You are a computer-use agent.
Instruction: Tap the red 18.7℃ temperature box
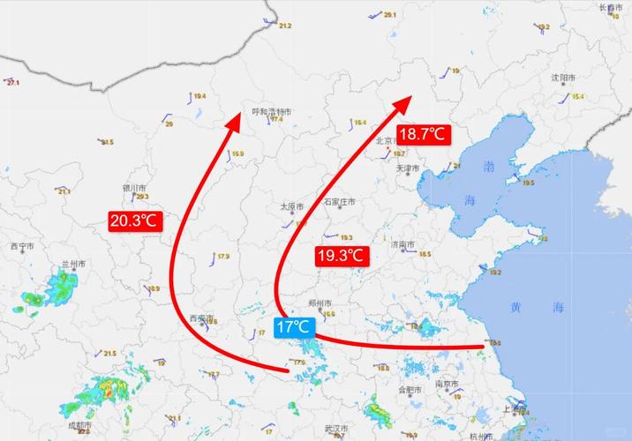coord(424,135)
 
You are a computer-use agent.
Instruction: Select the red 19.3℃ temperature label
coord(341,257)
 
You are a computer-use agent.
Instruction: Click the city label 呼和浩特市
coord(272,111)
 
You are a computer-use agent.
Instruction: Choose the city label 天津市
coord(409,168)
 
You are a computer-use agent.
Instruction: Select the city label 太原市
coord(291,206)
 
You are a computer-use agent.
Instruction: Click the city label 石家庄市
coord(339,202)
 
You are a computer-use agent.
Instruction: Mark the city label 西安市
coord(202,318)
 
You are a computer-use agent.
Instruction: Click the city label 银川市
coord(133,188)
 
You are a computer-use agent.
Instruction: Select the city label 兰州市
coord(74,264)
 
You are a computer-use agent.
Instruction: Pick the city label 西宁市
coord(22,246)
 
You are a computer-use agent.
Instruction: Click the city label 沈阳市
coord(563,78)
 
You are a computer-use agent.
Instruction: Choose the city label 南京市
coord(446,385)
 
